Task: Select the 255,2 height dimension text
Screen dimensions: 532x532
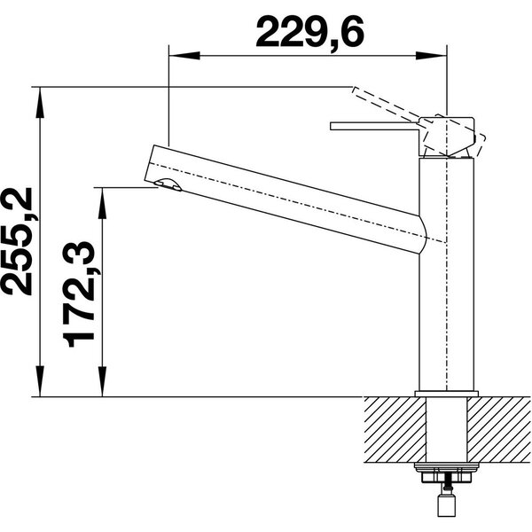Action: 18,241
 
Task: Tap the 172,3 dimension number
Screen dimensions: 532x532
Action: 78,294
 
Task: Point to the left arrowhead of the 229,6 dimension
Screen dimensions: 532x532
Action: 184,56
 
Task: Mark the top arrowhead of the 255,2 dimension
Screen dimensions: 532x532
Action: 40,103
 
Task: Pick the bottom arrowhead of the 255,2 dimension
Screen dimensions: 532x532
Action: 40,380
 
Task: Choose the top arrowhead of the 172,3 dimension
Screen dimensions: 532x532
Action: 102,202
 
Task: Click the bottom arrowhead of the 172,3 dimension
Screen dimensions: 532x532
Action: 102,380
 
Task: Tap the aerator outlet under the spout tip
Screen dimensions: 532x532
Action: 168,185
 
